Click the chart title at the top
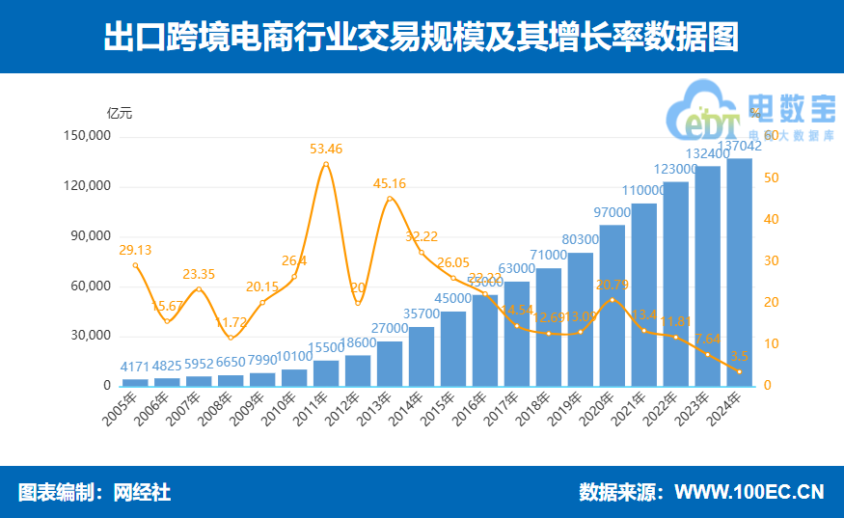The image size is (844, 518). pos(422,38)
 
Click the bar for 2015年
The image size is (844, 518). pos(452,348)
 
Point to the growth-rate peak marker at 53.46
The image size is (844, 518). pos(326,165)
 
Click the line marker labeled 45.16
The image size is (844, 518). pos(390,200)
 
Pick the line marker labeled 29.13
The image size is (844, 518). pos(135,265)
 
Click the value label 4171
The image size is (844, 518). pos(135,367)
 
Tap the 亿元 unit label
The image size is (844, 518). pos(120,112)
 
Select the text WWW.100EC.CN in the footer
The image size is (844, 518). pos(749,492)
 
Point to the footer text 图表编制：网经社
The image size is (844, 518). pos(95,492)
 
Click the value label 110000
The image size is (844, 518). pos(644,191)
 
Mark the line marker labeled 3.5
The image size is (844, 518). pos(739,371)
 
